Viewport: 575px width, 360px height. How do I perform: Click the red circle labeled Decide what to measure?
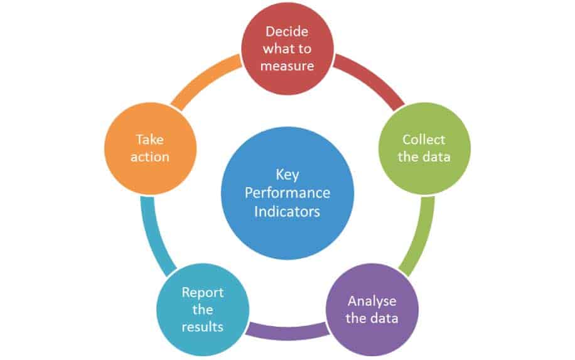[287, 48]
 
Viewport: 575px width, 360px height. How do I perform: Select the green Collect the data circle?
[424, 149]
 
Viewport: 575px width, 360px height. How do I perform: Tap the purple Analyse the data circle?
[372, 309]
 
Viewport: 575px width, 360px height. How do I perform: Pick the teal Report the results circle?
[203, 309]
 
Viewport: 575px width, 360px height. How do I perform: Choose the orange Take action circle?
[151, 149]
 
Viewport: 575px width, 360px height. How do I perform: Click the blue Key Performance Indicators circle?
[287, 193]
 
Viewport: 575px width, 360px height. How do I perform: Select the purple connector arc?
[287, 331]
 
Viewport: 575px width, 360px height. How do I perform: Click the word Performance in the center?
[287, 193]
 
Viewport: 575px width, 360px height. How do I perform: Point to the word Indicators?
[287, 211]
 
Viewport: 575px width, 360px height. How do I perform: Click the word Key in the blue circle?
[287, 175]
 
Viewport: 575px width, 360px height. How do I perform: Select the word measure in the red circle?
[287, 66]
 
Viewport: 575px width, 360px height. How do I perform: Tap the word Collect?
[424, 139]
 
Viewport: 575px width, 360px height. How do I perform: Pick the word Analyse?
[372, 302]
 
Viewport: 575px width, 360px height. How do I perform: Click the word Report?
[202, 293]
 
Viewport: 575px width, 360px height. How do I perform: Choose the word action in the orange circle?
[150, 157]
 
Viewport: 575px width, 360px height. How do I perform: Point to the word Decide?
[287, 31]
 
